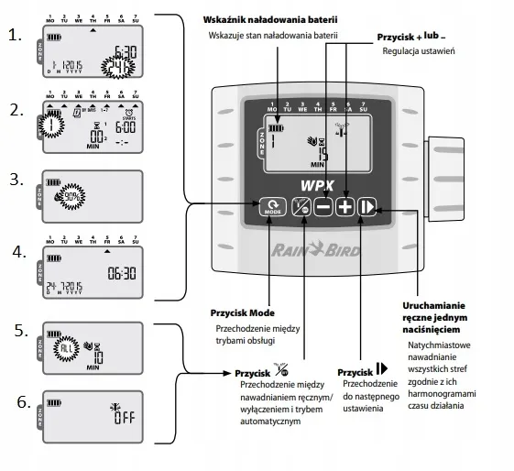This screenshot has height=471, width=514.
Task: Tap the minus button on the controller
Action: [x=323, y=206]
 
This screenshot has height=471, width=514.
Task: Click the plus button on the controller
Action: [x=344, y=206]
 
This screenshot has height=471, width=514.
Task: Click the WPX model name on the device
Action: [x=316, y=184]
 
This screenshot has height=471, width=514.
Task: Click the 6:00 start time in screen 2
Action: [x=125, y=127]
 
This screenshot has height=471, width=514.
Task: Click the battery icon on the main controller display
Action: [x=276, y=127]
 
